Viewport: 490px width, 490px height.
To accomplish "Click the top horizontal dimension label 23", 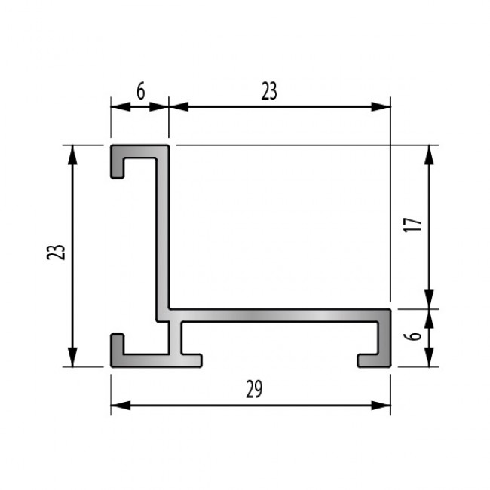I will coord(269,91).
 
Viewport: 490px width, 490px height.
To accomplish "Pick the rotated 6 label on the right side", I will coord(412,337).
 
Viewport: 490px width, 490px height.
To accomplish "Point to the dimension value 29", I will coord(254,389).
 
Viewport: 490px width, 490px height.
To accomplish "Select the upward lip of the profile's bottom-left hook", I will coord(118,342).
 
